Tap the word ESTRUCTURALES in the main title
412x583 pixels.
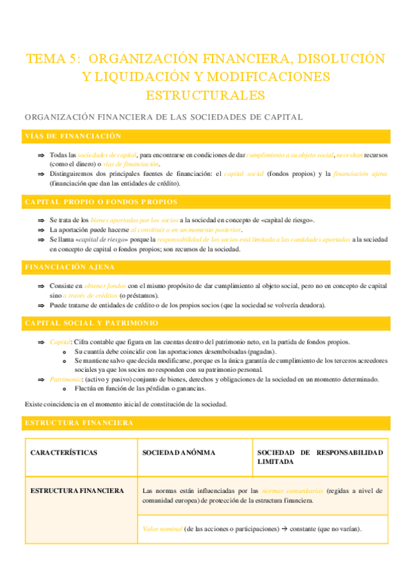click(206, 93)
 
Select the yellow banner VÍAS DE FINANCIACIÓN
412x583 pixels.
click(72, 136)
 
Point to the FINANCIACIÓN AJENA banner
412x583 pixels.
click(69, 266)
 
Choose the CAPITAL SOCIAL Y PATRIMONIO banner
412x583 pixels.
click(91, 322)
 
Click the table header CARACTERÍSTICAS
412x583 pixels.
click(64, 452)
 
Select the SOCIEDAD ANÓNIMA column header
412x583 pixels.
click(179, 452)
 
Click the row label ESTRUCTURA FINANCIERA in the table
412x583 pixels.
click(77, 491)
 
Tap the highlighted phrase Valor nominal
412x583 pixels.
click(162, 529)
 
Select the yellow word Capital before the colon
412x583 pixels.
click(60, 342)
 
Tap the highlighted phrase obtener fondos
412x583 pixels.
click(105, 285)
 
